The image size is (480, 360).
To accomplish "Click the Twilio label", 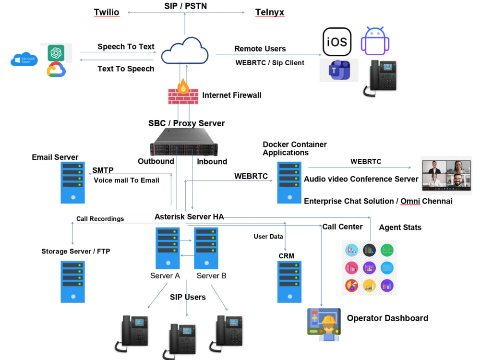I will pyautogui.click(x=106, y=12).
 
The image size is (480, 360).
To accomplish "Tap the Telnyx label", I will pyautogui.click(x=269, y=12).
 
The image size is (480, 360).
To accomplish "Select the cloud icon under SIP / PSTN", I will pyautogui.click(x=185, y=51).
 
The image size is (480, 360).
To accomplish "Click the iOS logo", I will pyautogui.click(x=336, y=42).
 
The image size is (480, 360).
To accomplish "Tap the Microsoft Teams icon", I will pyautogui.click(x=339, y=71).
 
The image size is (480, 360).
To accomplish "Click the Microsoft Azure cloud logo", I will pyautogui.click(x=24, y=60).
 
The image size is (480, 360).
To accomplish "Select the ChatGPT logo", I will pyautogui.click(x=56, y=52).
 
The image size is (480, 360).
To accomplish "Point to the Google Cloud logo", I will pyautogui.click(x=56, y=71).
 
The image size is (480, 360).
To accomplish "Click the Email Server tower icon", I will pyautogui.click(x=72, y=182).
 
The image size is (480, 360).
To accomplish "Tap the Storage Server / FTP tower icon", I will pyautogui.click(x=72, y=281).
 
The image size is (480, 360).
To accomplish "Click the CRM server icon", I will pyautogui.click(x=289, y=281).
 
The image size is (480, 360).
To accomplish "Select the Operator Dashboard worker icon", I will pyautogui.click(x=324, y=324).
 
